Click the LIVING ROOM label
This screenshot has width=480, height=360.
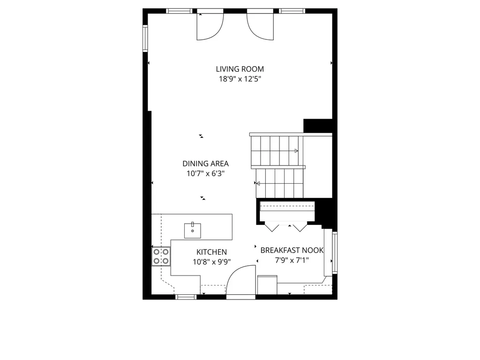point(240,69)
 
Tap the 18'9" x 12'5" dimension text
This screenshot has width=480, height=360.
point(240,79)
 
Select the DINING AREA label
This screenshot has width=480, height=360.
point(205,164)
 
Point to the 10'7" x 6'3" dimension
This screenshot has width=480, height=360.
point(205,174)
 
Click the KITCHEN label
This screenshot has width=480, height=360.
point(211,252)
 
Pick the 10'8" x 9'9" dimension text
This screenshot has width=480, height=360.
point(211,262)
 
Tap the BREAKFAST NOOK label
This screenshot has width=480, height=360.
point(292,250)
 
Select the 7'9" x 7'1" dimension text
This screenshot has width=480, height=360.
point(292,261)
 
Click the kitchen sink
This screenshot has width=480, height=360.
point(193,231)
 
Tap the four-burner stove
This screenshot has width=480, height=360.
point(161,256)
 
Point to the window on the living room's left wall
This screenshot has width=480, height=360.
point(145,38)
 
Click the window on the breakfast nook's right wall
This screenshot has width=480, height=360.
point(335,253)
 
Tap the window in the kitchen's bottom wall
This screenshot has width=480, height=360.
point(186,297)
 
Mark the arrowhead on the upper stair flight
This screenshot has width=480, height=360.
point(296,151)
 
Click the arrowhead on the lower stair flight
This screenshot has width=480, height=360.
point(258,184)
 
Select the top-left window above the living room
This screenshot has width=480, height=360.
point(180,11)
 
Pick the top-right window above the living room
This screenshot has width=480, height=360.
point(292,11)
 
